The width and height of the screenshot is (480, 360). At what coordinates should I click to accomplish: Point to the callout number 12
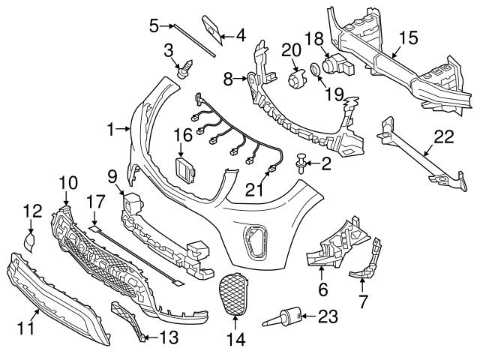coord(31,212)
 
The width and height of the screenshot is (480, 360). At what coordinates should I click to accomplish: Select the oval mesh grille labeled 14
coord(235,293)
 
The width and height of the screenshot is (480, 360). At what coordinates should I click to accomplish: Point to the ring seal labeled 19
coord(316,72)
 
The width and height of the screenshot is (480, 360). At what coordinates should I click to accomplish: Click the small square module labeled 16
coord(184,168)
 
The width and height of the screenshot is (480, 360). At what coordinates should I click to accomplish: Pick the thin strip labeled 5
coord(193,37)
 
